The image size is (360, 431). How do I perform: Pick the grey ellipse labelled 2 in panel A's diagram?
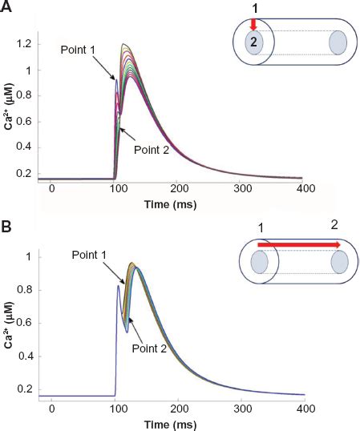(x=253, y=43)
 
